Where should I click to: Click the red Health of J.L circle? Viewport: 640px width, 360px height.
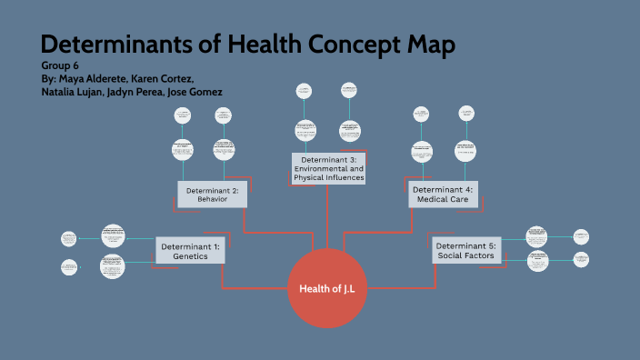(x=327, y=287)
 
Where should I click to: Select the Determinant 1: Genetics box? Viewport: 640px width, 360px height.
(x=191, y=250)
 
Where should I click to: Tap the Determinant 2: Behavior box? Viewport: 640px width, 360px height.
(x=212, y=195)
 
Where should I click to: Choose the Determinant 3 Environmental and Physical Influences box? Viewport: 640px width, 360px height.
(x=329, y=168)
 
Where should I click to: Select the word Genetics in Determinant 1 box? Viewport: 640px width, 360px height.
(x=191, y=256)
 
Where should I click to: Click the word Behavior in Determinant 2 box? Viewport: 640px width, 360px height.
(x=212, y=200)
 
